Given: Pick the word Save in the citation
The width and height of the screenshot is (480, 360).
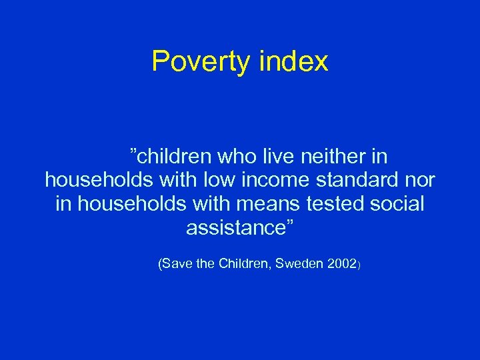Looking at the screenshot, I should tap(177, 265).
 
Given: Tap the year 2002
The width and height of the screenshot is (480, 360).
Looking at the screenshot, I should tap(342, 265).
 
